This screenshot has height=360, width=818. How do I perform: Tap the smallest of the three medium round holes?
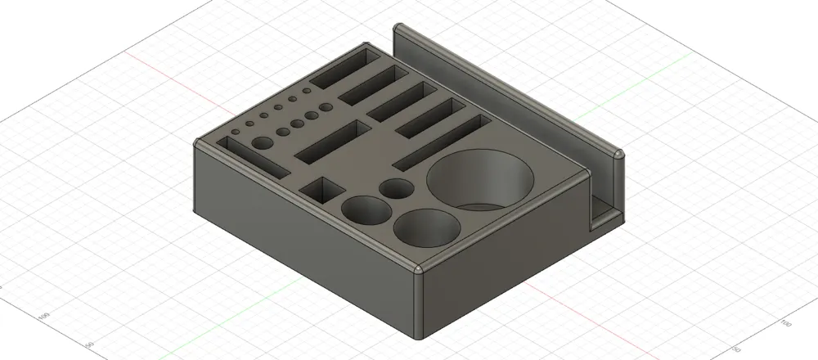pos(398,189)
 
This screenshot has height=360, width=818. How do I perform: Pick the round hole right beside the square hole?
pos(366,210)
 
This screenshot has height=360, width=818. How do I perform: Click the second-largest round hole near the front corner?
pos(426,227)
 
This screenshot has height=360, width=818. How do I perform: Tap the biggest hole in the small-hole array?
pos(262,144)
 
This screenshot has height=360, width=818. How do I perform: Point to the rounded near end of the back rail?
pos(617,154)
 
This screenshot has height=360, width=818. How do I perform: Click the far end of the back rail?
pos(401,30)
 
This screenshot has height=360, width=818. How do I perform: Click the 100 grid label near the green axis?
pos(44,315)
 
